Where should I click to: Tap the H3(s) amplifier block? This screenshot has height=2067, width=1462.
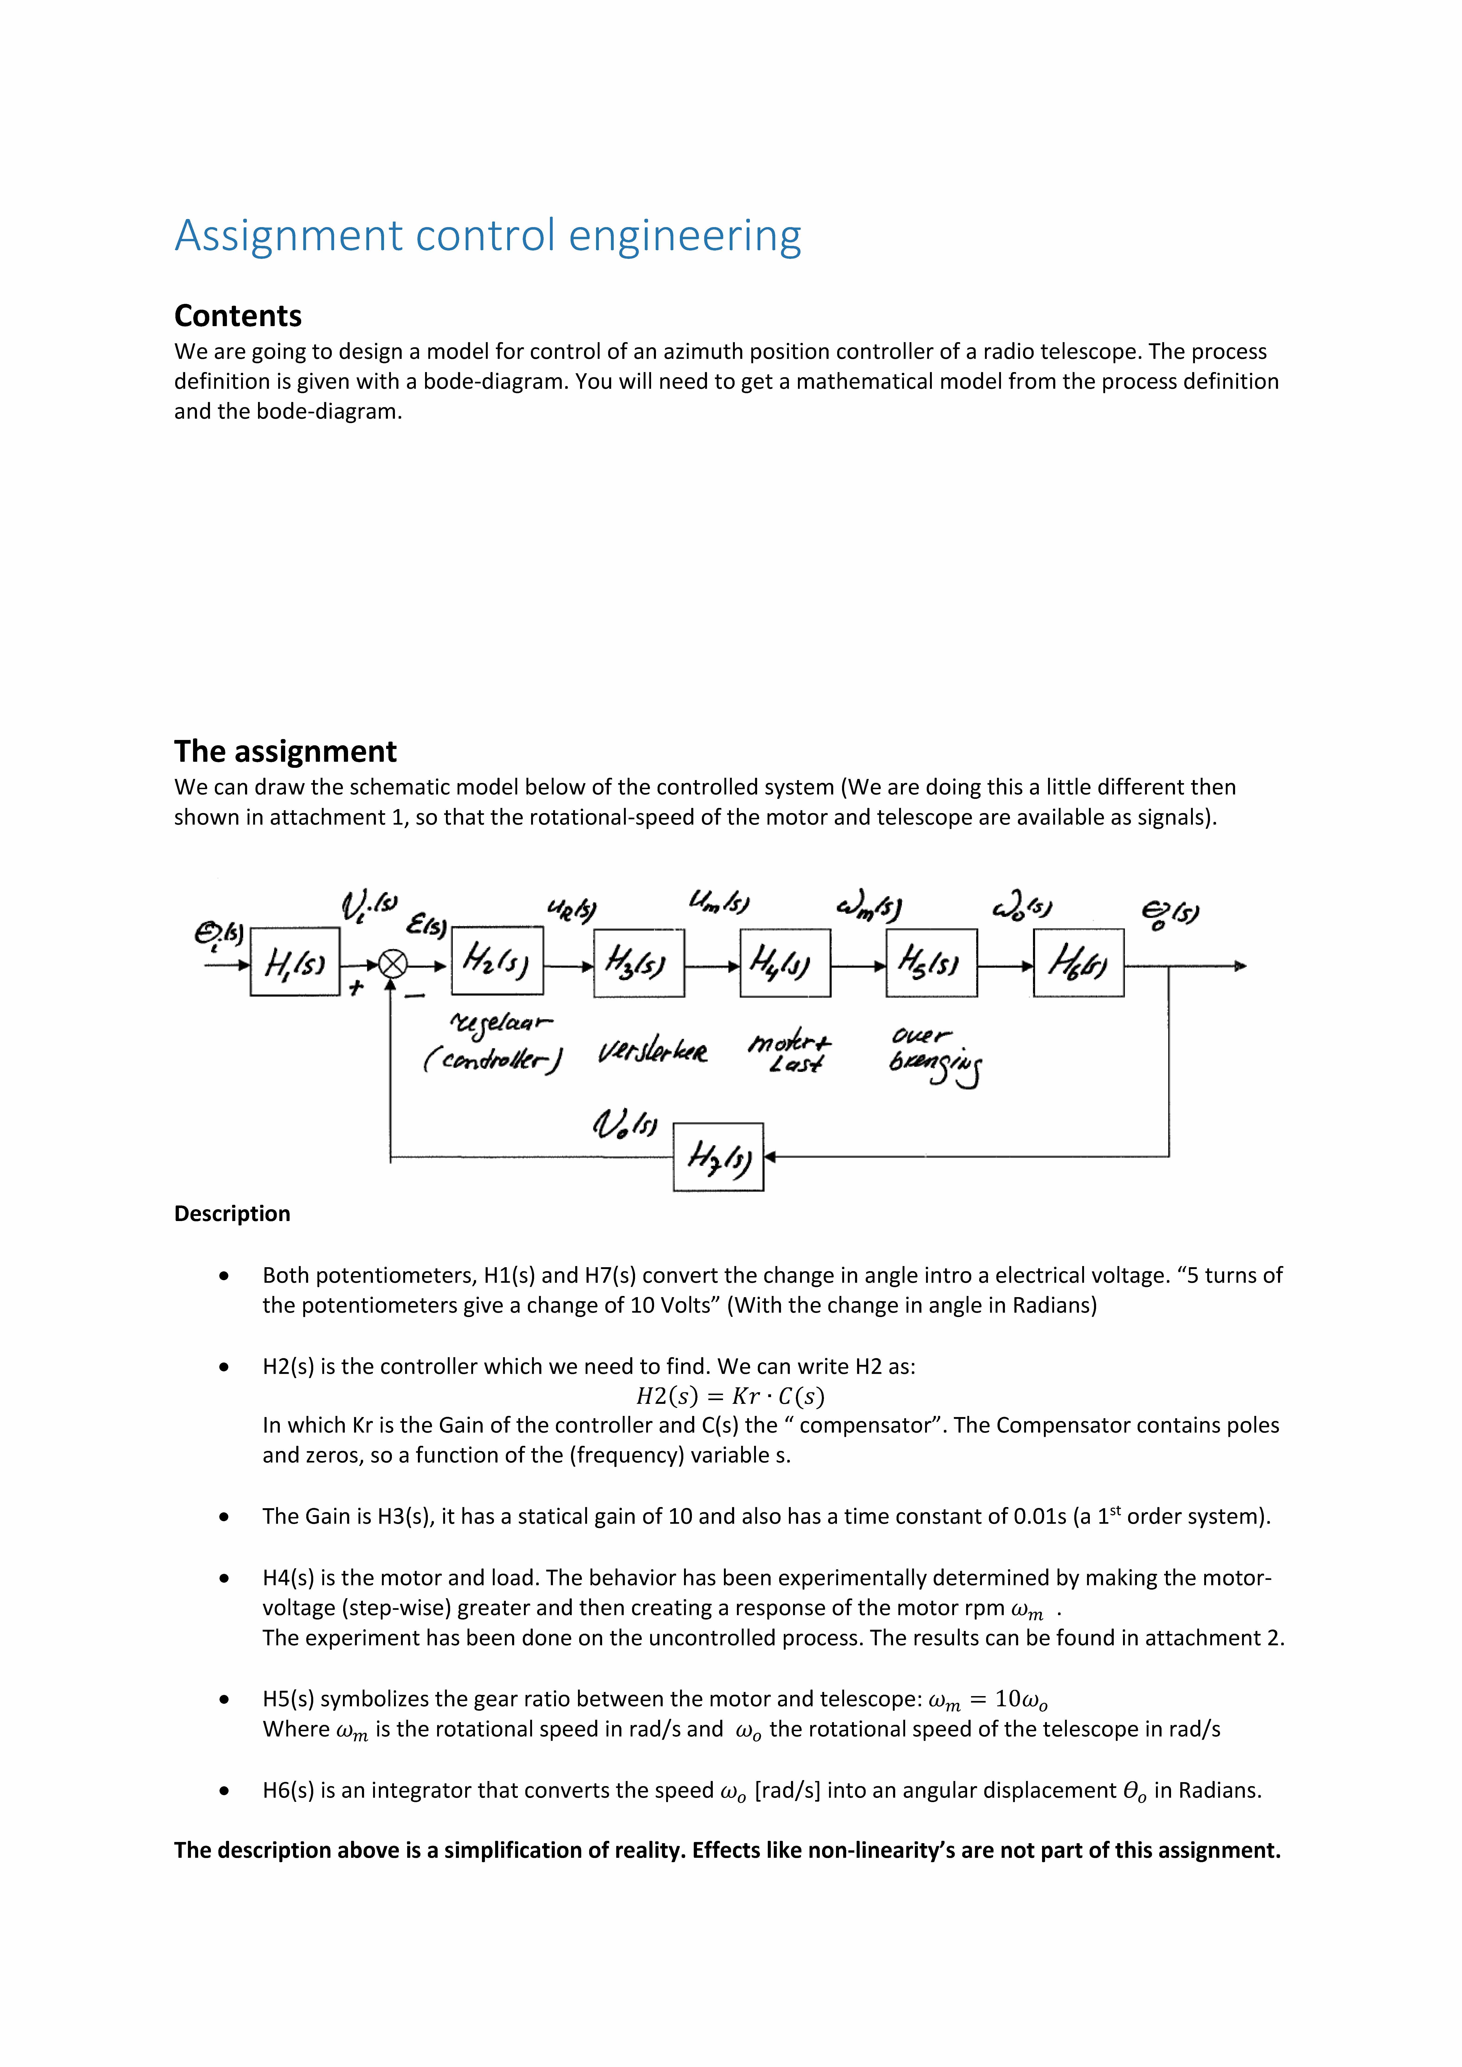(638, 963)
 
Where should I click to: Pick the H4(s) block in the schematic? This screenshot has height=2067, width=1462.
(784, 963)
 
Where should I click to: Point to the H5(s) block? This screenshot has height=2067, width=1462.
(931, 963)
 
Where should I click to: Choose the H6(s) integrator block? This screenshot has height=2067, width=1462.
(1078, 963)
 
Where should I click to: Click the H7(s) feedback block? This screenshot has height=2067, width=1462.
(717, 1157)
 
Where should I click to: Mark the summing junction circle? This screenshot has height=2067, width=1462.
(392, 965)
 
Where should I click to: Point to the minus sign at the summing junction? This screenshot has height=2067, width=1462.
(415, 996)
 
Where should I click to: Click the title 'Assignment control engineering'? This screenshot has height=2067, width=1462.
(487, 236)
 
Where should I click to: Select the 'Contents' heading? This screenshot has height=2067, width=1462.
(238, 316)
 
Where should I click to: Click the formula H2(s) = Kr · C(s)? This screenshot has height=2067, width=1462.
(730, 1396)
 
